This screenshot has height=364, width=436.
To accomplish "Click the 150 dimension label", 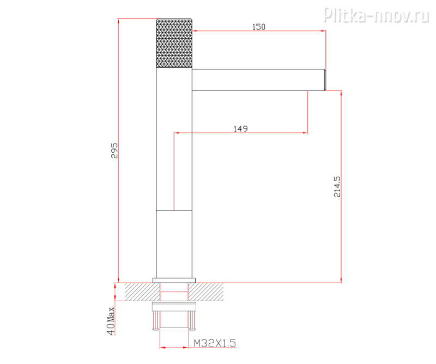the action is coord(258,27).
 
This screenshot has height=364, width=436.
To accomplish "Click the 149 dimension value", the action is coord(240,129).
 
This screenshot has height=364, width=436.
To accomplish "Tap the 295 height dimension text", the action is coord(114,151).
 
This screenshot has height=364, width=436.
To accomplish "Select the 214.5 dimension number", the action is coord(337,187).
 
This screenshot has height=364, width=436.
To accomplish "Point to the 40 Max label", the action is coord(111,321).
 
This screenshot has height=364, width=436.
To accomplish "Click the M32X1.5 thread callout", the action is coord(215,343).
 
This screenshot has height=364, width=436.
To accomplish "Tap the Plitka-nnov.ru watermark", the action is coord(377,15).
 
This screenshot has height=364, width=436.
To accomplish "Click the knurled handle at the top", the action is coord(174,43).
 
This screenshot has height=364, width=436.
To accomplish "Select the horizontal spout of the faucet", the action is coord(258,80).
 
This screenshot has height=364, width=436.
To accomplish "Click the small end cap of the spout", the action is coord(325,80).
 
